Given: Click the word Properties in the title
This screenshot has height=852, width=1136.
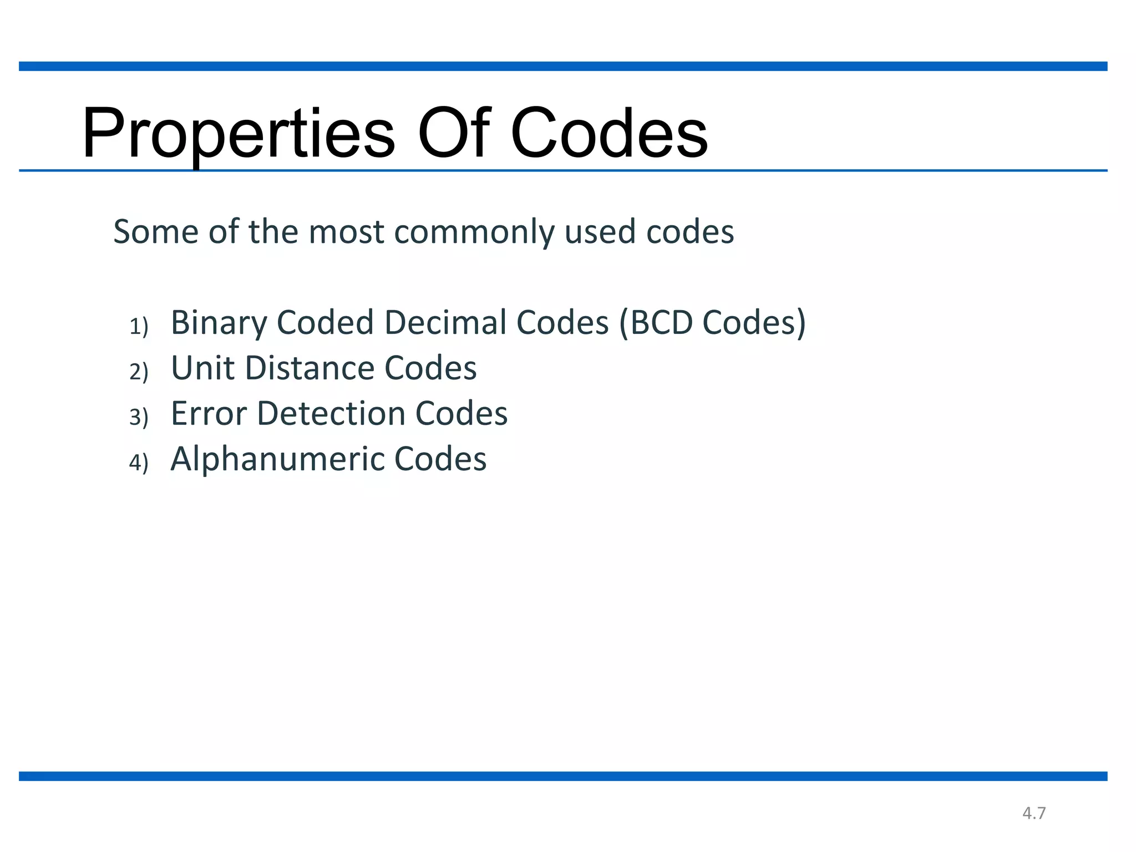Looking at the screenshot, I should coord(239,134).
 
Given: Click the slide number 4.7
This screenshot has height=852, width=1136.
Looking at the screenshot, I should coord(1034,813).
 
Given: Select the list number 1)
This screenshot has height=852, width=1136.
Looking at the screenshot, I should coord(139,326).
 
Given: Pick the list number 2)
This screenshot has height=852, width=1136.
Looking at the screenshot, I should coord(139,372).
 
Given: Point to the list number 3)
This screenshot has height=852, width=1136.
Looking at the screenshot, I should coord(139,417).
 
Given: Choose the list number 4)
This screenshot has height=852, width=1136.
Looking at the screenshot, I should coord(139,462).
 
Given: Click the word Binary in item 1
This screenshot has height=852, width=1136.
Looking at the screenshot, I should coord(219,323).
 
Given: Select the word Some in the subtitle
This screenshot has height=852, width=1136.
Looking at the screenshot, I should coord(156,232).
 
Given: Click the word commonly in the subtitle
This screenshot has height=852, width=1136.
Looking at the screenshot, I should coord(474,232).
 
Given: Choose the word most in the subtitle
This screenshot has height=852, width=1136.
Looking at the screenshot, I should coord(346,232).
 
